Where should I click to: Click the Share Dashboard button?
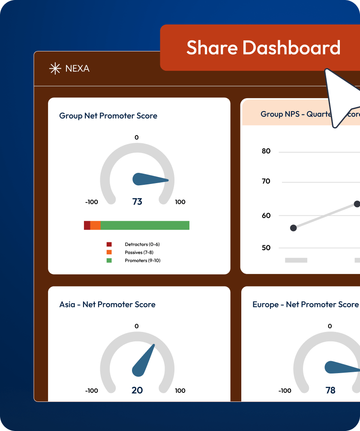click(263, 48)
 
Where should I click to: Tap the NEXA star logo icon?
click(55, 69)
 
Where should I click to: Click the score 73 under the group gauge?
click(137, 202)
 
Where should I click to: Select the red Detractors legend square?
click(109, 244)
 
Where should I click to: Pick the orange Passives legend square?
click(109, 252)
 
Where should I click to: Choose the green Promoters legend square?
click(109, 260)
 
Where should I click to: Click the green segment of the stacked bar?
click(145, 226)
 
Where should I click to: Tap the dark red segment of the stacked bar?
click(87, 226)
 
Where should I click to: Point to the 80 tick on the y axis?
click(266, 151)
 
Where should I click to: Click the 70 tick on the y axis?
click(266, 181)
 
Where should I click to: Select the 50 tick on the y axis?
click(266, 248)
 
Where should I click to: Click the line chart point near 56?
click(293, 228)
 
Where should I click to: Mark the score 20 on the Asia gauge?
click(137, 390)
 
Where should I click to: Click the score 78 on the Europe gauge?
click(330, 390)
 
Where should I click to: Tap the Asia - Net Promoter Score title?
click(107, 304)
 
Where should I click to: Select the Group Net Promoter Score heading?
click(108, 116)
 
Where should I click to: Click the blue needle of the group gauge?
click(148, 179)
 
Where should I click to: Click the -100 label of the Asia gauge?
click(92, 391)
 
